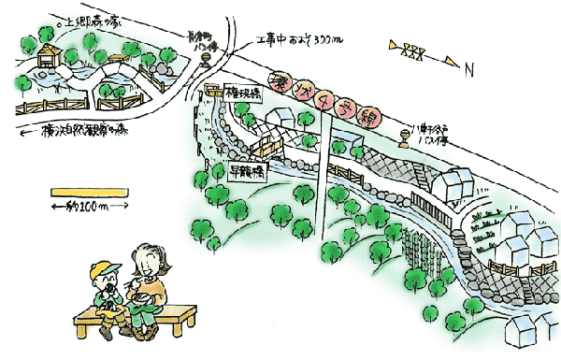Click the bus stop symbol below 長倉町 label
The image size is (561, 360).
click(x=205, y=62)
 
